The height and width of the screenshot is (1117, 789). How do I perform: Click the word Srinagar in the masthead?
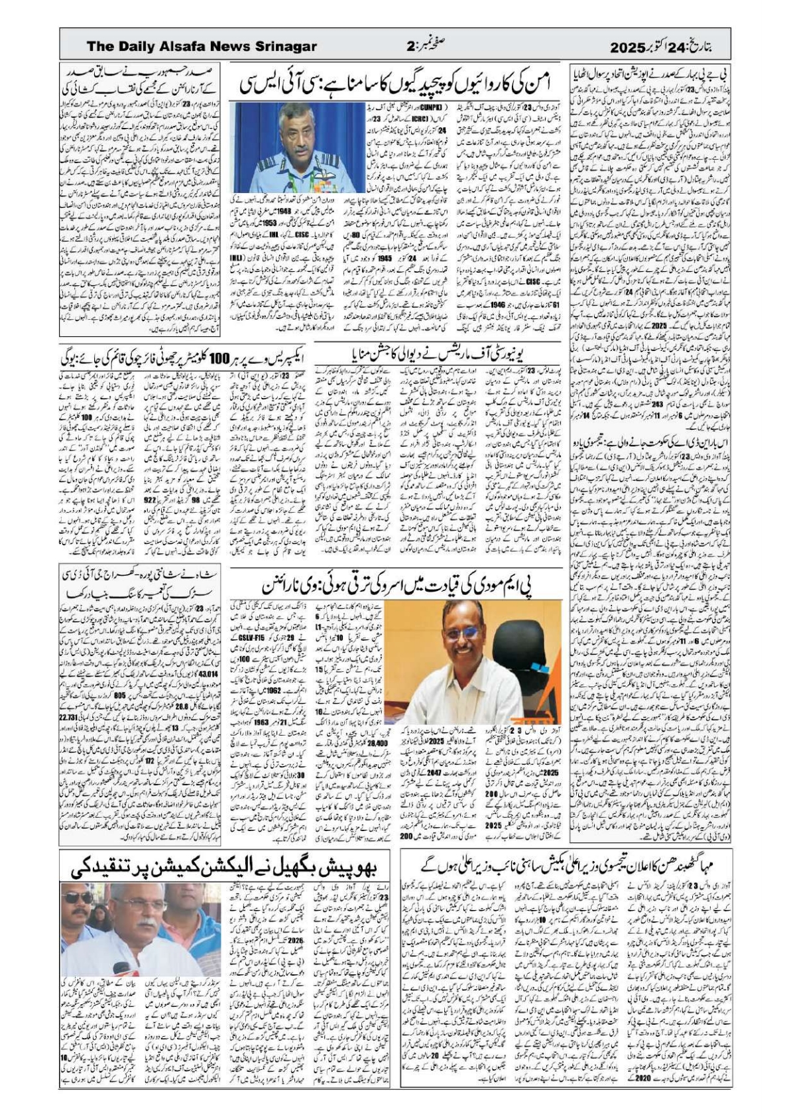[284, 46]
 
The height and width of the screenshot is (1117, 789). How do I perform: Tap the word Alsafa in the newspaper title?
[198, 46]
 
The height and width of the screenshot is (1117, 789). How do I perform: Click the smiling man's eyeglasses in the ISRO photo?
[465, 634]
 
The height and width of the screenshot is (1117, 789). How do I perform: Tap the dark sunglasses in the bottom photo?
[78, 897]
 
